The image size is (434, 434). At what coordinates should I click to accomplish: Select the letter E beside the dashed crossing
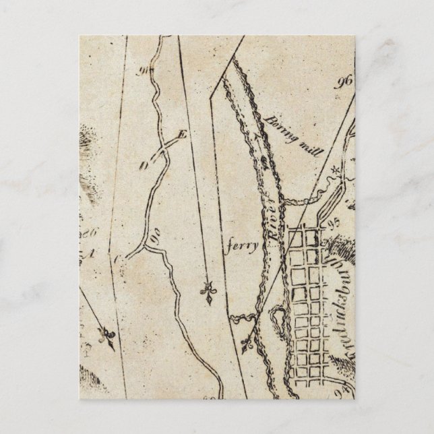180,135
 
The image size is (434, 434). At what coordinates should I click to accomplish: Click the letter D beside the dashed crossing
143,165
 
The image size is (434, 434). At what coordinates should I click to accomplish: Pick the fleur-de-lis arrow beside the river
247,344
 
